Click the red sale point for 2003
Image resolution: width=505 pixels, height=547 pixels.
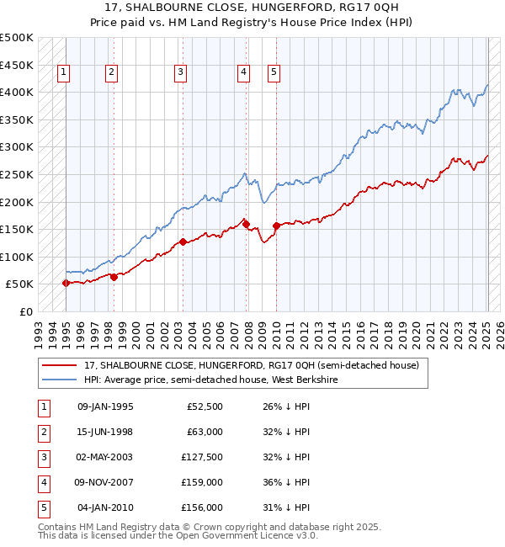pos(183,242)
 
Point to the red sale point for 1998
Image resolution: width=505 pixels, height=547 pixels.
pos(114,277)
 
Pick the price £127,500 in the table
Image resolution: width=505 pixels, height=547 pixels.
pos(203,457)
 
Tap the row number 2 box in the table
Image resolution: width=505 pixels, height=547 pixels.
pos(43,432)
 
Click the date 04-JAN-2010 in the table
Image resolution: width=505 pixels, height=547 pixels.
pos(105,507)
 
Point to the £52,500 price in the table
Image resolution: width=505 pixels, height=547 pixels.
pos(205,406)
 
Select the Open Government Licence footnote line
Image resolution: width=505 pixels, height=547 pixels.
pos(177,534)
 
